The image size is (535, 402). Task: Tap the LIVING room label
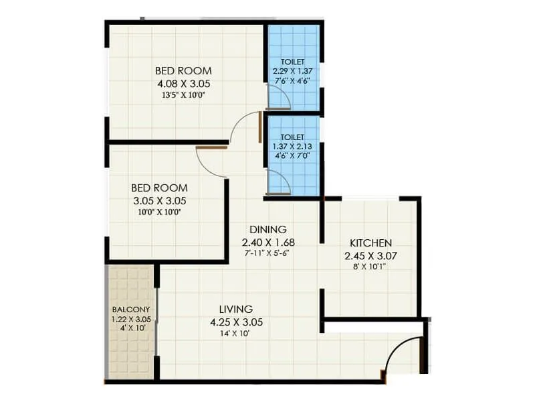(236, 309)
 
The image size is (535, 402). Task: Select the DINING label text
(269, 228)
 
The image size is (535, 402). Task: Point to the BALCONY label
(126, 310)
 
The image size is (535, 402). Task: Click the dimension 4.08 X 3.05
(183, 84)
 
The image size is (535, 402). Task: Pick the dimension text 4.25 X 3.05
(236, 322)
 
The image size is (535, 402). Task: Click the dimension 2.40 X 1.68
(269, 242)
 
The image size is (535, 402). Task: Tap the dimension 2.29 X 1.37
(293, 70)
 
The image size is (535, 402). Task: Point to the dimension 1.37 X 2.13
(293, 145)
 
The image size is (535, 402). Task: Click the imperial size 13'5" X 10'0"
(183, 95)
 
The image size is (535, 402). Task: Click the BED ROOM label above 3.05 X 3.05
(159, 188)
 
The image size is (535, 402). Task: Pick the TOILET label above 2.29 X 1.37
(293, 62)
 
